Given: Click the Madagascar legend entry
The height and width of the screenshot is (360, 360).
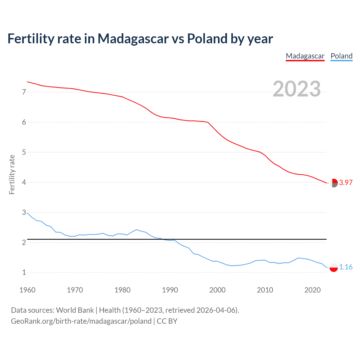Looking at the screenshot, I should (305, 56).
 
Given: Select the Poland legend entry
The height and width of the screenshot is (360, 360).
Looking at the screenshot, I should (341, 56).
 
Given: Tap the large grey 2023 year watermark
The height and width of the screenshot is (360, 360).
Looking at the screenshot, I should (297, 89).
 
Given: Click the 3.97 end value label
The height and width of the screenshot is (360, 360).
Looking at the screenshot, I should (346, 183).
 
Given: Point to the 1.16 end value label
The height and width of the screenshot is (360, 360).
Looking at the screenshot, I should (346, 267).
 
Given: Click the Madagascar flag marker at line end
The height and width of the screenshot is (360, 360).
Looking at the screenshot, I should (334, 183).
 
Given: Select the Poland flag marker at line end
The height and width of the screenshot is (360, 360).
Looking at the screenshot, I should (334, 267).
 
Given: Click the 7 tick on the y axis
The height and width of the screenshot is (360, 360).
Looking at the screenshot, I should (24, 92).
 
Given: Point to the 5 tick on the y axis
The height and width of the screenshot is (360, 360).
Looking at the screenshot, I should (24, 152).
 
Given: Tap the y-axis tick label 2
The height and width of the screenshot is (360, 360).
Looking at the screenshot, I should (24, 242).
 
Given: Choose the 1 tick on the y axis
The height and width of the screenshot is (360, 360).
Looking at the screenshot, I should (24, 272).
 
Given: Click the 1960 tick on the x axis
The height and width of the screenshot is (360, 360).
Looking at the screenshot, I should (27, 290).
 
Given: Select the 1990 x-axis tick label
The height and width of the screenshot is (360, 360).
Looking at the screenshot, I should (170, 290).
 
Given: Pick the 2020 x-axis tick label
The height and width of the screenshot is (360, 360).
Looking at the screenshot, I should (312, 290).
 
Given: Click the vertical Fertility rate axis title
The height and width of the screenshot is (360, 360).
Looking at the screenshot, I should (12, 174).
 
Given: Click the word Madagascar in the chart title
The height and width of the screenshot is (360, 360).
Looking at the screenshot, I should (133, 39).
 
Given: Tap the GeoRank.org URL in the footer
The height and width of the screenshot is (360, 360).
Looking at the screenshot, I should (81, 321).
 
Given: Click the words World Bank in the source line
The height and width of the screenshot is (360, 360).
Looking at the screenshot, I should (75, 310).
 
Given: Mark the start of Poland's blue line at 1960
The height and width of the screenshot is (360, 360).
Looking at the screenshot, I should (27, 213).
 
